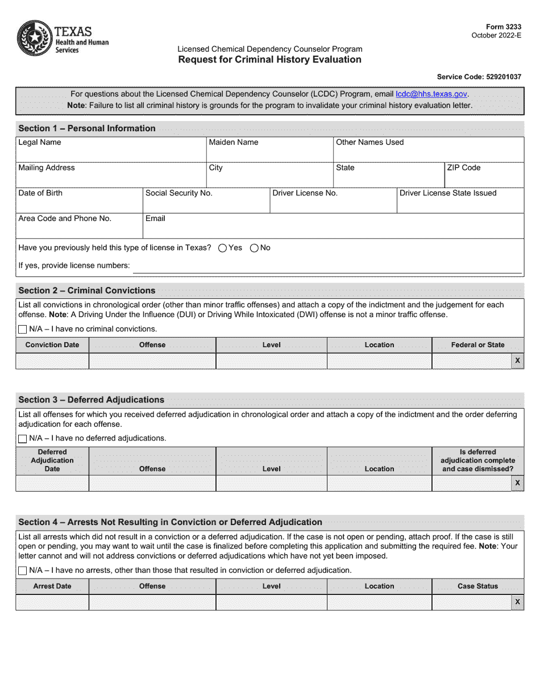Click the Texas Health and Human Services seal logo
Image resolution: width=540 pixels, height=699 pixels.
click(x=34, y=38)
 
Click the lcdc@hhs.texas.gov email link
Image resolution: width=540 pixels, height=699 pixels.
click(x=431, y=94)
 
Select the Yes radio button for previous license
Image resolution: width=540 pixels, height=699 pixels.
click(x=223, y=248)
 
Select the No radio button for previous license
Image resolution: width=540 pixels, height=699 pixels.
click(x=254, y=248)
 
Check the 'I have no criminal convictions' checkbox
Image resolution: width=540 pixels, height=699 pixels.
click(x=22, y=329)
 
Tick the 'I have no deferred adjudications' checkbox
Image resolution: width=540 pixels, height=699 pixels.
click(x=22, y=438)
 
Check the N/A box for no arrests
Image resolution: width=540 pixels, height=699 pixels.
click(x=22, y=571)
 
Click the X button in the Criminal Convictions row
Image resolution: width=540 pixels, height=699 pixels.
click(x=517, y=361)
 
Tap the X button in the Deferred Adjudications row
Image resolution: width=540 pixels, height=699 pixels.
click(x=517, y=483)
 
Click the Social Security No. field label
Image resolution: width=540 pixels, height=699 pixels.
click(x=178, y=193)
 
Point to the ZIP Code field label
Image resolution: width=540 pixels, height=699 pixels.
click(x=463, y=168)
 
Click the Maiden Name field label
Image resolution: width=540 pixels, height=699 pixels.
click(x=233, y=142)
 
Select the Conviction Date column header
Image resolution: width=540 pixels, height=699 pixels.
click(x=52, y=345)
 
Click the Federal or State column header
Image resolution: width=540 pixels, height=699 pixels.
click(x=477, y=345)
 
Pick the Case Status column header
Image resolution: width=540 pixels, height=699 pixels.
click(x=477, y=586)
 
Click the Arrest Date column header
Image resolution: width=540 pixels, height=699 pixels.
click(x=52, y=586)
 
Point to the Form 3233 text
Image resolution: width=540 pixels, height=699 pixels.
click(x=504, y=27)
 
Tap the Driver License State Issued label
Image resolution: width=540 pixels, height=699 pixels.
click(x=448, y=193)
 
